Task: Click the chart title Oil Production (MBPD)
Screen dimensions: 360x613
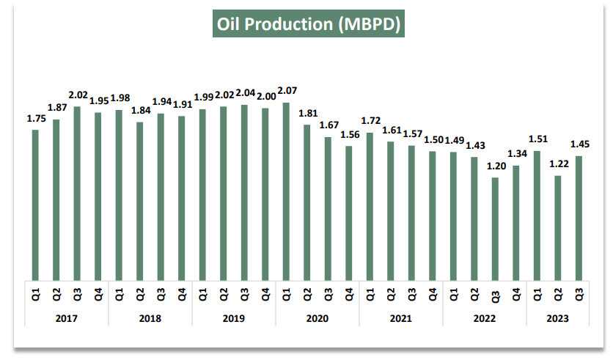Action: [x=307, y=24]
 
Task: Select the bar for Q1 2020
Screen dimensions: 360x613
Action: [x=286, y=191]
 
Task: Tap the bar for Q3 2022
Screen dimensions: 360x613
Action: [x=495, y=228]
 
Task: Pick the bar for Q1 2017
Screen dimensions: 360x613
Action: [x=35, y=205]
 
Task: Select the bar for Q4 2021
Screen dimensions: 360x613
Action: [x=433, y=216]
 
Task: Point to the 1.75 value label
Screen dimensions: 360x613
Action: [x=35, y=119]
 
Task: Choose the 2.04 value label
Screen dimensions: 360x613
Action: [x=244, y=94]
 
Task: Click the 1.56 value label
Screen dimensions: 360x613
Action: [x=349, y=135]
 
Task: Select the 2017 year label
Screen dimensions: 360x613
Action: [x=67, y=319]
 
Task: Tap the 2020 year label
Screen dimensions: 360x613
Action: [x=317, y=319]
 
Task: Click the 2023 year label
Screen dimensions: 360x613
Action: [x=558, y=319]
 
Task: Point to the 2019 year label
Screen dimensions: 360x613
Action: [x=234, y=319]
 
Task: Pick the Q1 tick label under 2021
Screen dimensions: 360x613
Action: [x=370, y=295]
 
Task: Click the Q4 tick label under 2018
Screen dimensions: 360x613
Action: [x=182, y=295]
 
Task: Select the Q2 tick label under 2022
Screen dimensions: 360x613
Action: [x=474, y=295]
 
